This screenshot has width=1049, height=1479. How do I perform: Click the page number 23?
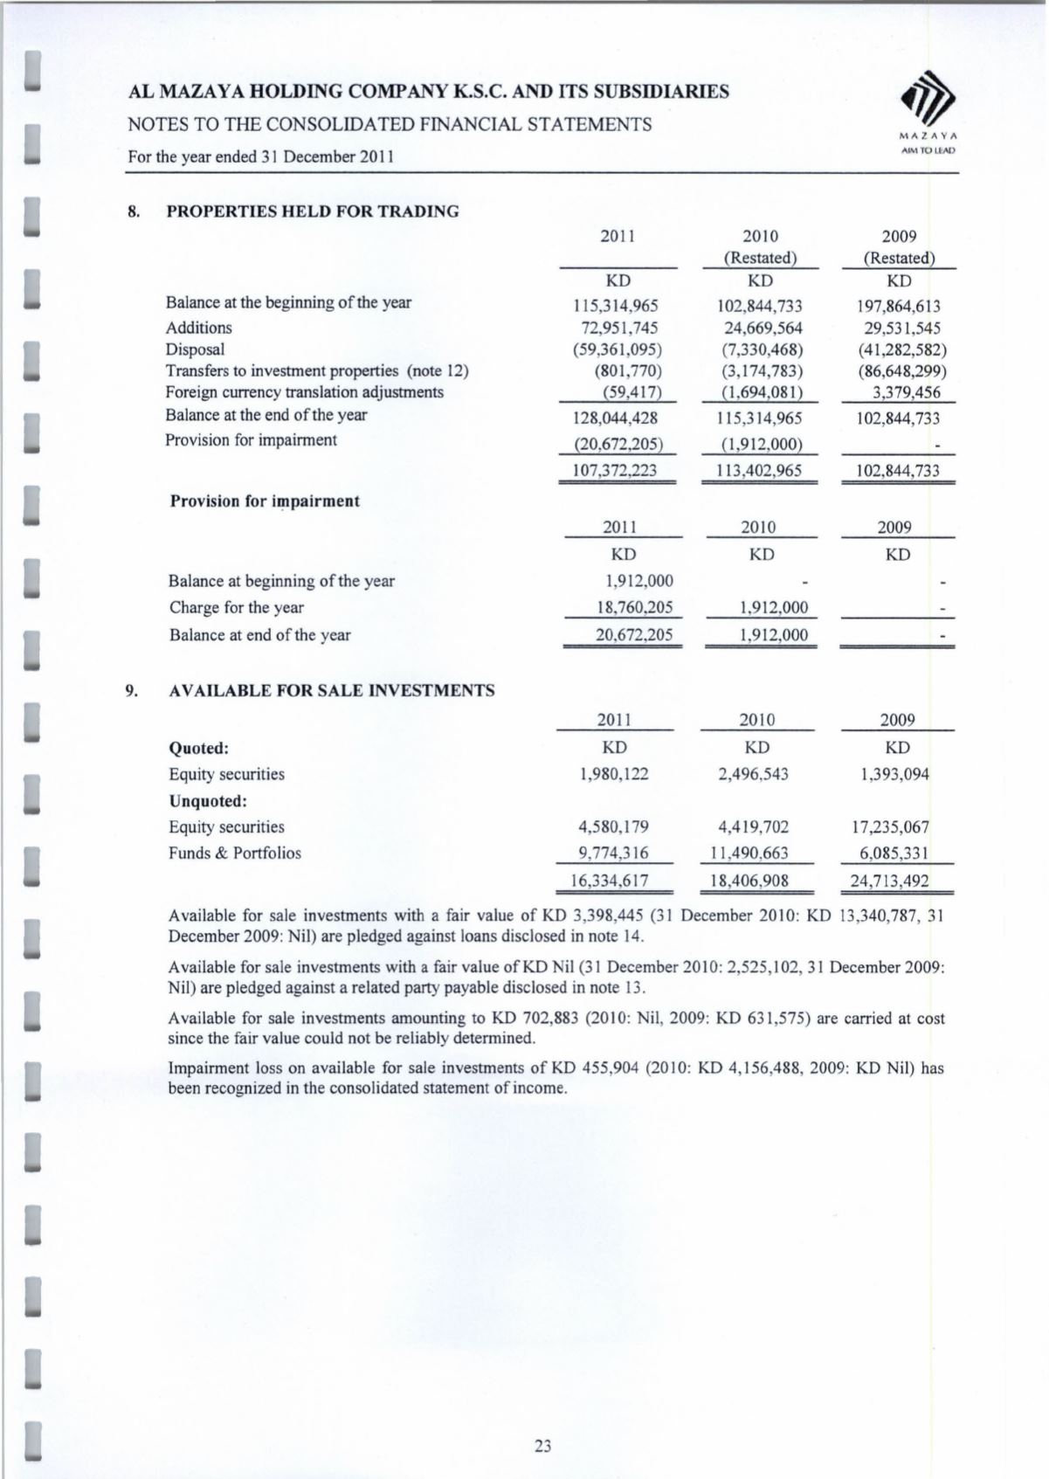pyautogui.click(x=543, y=1446)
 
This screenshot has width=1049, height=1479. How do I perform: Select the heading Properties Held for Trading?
pyautogui.click(x=312, y=211)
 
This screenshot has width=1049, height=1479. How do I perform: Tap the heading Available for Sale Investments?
pyautogui.click(x=331, y=691)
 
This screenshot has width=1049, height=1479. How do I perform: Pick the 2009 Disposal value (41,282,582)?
pyautogui.click(x=901, y=350)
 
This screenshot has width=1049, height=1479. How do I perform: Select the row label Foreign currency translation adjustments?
pyautogui.click(x=305, y=392)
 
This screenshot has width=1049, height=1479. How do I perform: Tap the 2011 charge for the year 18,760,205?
pyautogui.click(x=633, y=608)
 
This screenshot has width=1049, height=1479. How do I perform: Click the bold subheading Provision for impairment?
pyautogui.click(x=265, y=501)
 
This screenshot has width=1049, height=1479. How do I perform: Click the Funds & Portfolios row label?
pyautogui.click(x=234, y=854)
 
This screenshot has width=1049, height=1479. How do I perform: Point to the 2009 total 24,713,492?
pyautogui.click(x=889, y=881)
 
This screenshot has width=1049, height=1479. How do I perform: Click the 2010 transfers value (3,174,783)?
pyautogui.click(x=759, y=371)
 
